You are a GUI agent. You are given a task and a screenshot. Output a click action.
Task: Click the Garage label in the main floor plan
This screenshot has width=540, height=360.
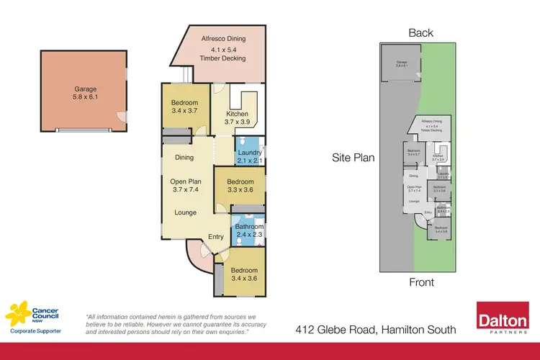85,89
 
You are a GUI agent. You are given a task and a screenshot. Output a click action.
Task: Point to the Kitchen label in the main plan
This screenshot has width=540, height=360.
237,114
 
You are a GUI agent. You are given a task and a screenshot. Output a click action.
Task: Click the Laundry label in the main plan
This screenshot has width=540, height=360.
250,153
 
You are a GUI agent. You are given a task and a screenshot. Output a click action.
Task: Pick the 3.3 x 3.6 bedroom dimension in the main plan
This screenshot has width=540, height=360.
240,190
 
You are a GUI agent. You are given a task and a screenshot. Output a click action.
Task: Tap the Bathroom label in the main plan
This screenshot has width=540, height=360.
249,225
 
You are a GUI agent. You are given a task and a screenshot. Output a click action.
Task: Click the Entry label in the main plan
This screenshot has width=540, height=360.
216,236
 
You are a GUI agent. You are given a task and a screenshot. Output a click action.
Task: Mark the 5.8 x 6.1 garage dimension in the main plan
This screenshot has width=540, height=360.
85,99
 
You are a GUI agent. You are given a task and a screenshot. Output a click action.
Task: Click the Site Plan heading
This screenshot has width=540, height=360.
353,157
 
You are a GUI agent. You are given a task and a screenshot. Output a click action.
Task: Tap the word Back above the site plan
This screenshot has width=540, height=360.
421,32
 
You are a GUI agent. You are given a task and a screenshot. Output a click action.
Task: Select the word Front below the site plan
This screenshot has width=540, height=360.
421,282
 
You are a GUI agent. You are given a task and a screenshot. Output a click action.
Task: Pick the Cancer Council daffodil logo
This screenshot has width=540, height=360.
19,315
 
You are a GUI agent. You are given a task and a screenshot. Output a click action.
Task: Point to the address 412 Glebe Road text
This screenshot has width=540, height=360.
376,330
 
